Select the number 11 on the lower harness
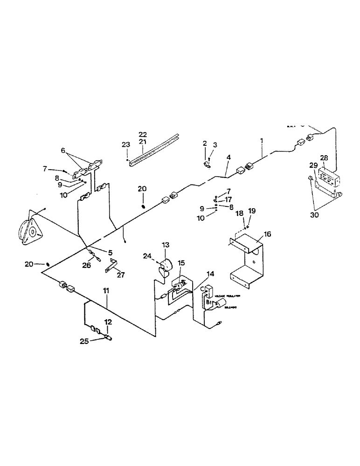106,291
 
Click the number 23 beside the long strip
126,144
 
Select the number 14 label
210,274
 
